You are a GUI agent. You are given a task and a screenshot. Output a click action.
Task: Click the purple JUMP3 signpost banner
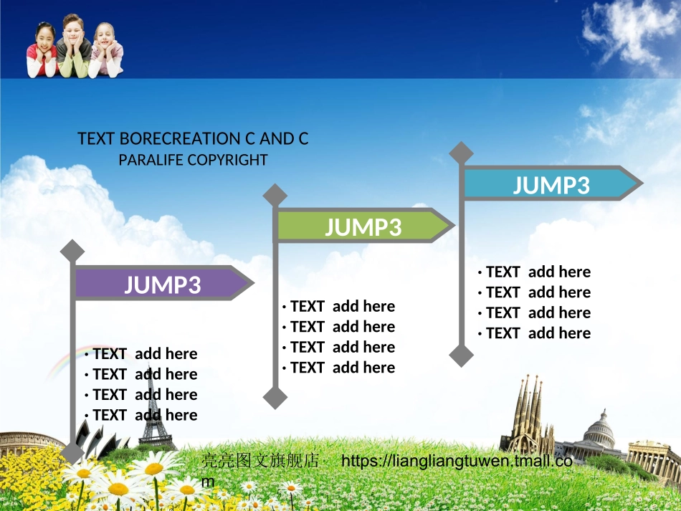tap(163, 284)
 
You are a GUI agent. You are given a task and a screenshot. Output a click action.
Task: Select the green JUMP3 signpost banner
tap(363, 226)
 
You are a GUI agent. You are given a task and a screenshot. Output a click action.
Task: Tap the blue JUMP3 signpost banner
tap(551, 184)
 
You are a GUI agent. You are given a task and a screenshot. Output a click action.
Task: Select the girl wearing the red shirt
tap(42, 50)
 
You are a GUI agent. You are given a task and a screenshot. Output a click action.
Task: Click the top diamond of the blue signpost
tap(462, 153)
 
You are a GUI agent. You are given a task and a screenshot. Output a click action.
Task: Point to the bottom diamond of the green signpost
tap(275, 397)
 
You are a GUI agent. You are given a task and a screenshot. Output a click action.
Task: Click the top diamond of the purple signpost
tap(72, 251)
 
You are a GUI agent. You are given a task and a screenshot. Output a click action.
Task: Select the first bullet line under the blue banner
tap(535, 272)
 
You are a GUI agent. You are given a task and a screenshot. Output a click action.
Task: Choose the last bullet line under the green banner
tap(339, 368)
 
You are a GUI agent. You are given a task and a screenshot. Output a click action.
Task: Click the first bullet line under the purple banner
tap(141, 353)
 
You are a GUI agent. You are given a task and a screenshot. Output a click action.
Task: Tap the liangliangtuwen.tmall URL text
tap(457, 461)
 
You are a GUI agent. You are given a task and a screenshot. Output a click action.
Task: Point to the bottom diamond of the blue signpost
tap(462, 355)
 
